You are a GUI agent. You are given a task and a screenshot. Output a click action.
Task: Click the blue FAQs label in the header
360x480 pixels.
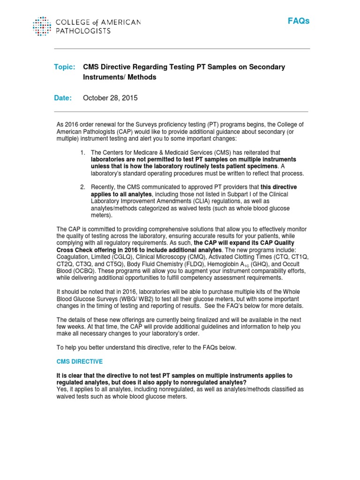click(x=299, y=22)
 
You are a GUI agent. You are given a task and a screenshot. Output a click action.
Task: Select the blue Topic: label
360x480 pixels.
click(x=65, y=67)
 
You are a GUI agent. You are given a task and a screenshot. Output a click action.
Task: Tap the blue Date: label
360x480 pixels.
click(x=64, y=98)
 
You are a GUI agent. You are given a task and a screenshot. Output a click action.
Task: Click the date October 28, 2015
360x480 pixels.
click(x=110, y=98)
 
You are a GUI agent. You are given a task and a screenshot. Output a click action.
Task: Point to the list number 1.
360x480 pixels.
click(x=82, y=152)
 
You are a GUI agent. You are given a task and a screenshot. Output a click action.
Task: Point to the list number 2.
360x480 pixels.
click(x=82, y=187)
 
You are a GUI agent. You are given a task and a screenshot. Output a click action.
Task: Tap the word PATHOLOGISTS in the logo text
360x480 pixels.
click(x=83, y=31)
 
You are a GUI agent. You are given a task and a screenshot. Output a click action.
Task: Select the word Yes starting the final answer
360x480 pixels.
click(x=61, y=390)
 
